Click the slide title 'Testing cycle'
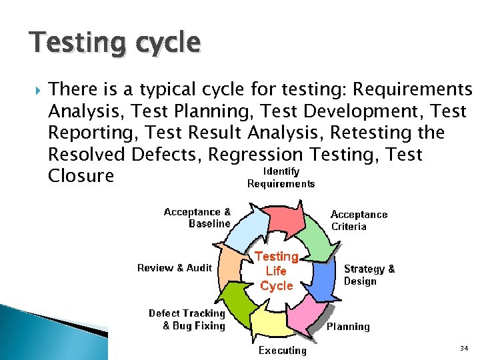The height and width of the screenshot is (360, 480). click(114, 43)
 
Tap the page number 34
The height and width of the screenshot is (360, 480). click(464, 349)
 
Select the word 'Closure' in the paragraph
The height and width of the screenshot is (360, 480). click(81, 176)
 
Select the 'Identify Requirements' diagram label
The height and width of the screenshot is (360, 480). click(281, 177)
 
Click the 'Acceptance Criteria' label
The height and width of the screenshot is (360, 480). click(359, 220)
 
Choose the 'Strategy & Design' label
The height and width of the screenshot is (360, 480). click(369, 275)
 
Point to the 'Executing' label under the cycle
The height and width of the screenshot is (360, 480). click(282, 350)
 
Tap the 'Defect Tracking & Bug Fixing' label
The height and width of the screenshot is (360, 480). click(187, 319)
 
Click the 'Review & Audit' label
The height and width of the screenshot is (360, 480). click(175, 268)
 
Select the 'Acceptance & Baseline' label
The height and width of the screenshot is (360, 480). click(197, 217)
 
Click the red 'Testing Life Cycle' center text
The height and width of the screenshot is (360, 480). click(276, 271)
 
